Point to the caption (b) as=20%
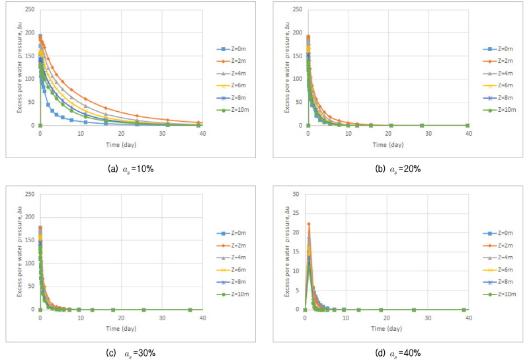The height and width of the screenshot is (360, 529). [398, 168]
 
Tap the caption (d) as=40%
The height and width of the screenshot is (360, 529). [398, 351]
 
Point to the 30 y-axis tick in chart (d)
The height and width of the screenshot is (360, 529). [298, 194]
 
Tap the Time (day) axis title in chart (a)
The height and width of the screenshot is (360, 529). [121, 144]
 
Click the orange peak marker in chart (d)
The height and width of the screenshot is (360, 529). [309, 224]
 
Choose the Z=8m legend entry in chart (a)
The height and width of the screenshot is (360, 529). [234, 98]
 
